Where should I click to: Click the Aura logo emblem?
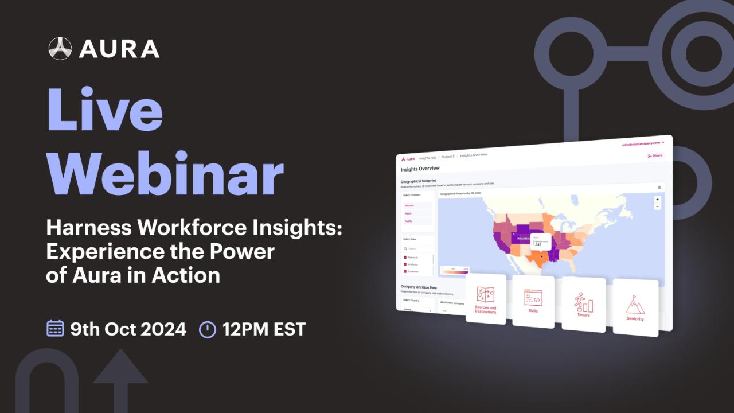pos(60,48)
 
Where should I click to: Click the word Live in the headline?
pos(104,110)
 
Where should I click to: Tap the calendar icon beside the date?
pos(55,329)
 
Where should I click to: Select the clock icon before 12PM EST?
pos(207,329)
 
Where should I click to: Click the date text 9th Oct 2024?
pos(128,329)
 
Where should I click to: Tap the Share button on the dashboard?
pos(654,155)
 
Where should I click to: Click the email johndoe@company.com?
pos(641,143)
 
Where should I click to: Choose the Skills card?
pos(533,301)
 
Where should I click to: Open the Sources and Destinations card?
pos(486,299)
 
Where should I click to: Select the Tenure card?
pos(583,304)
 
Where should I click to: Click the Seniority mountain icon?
pos(635,305)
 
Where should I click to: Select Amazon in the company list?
pos(409,205)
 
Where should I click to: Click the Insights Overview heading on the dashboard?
pos(420,169)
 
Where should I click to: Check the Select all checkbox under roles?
pos(405,258)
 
